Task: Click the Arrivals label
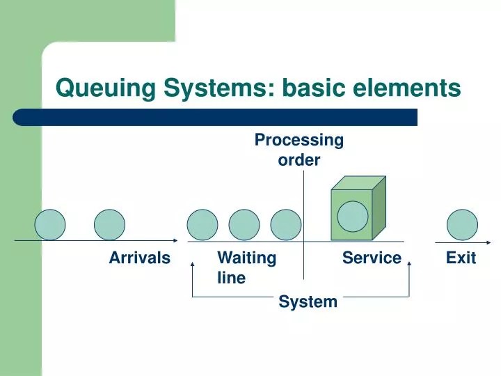click(139, 258)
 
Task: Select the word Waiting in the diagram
click(246, 258)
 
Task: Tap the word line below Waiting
click(231, 278)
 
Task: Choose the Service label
click(372, 258)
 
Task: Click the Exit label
click(461, 258)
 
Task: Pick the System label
click(308, 301)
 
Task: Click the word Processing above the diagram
click(299, 140)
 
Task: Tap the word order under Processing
click(299, 160)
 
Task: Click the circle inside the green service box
click(352, 216)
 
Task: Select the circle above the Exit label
click(462, 225)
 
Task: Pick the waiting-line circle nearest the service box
click(285, 225)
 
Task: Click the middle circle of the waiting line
click(244, 225)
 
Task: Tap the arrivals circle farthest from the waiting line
click(50, 225)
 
